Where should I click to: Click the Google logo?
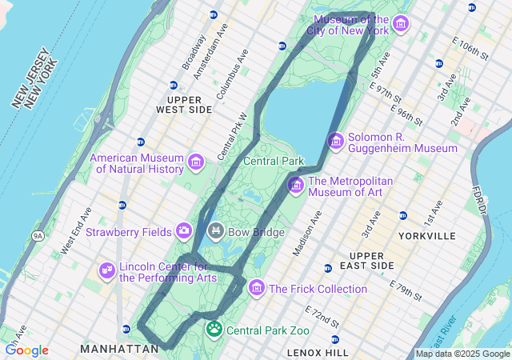coord(26,350)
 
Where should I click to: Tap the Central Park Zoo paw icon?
coord(214,329)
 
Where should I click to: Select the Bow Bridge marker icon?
coord(215,232)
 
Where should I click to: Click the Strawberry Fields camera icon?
coord(184,231)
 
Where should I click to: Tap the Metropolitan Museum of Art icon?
coord(296,186)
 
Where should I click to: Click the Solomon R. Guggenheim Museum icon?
coord(336,142)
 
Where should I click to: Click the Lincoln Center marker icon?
coord(107,271)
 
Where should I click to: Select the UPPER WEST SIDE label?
coord(184,103)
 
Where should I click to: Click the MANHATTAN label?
coord(119,349)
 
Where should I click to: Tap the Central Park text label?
coord(274,161)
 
